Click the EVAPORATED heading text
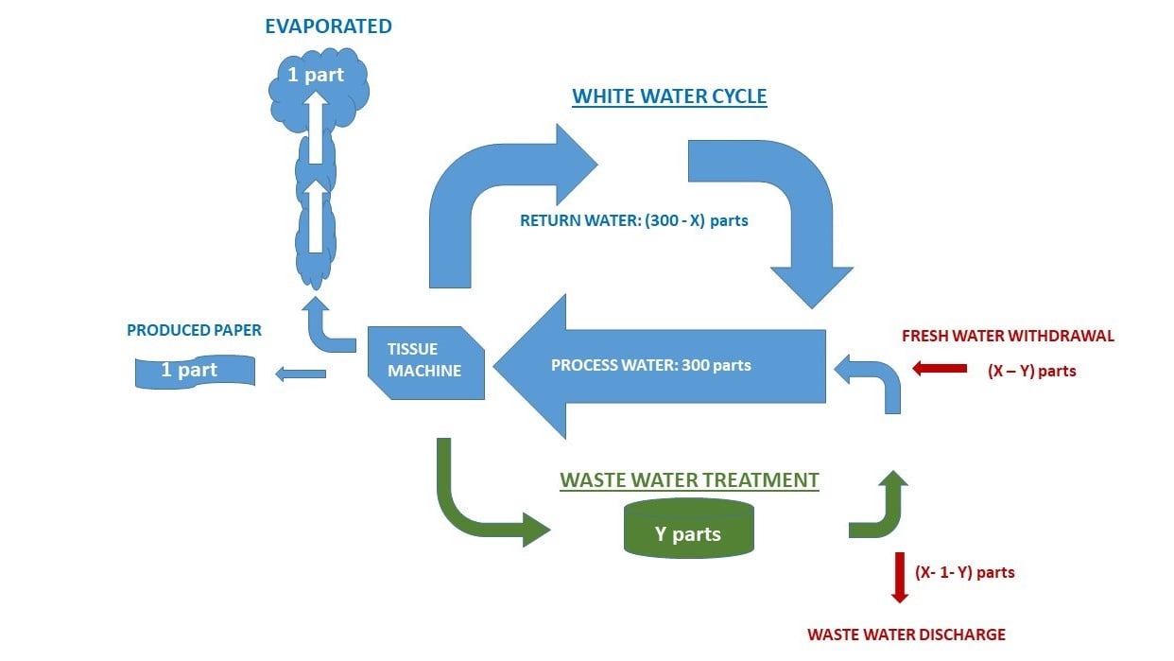[328, 26]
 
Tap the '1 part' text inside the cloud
[316, 75]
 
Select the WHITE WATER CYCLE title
[669, 96]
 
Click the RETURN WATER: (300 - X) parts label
[633, 221]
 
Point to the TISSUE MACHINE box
[424, 360]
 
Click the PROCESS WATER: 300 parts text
[650, 365]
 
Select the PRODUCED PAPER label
[194, 331]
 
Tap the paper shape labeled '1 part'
[194, 371]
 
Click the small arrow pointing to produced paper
[300, 374]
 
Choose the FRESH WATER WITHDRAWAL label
[1008, 336]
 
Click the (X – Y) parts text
[1032, 371]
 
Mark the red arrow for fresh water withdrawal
[939, 369]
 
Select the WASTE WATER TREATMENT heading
[689, 480]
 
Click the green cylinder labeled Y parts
[688, 530]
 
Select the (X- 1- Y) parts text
[964, 572]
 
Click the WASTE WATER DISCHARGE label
[906, 635]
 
